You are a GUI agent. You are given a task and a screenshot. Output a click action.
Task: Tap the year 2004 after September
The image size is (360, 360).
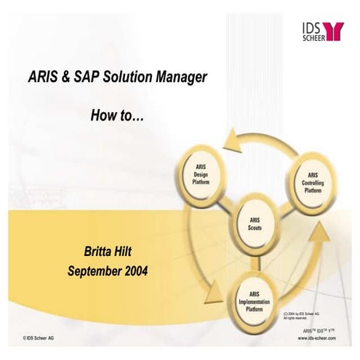point(136,271)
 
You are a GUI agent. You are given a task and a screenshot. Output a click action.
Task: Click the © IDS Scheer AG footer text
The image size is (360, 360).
point(38,338)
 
